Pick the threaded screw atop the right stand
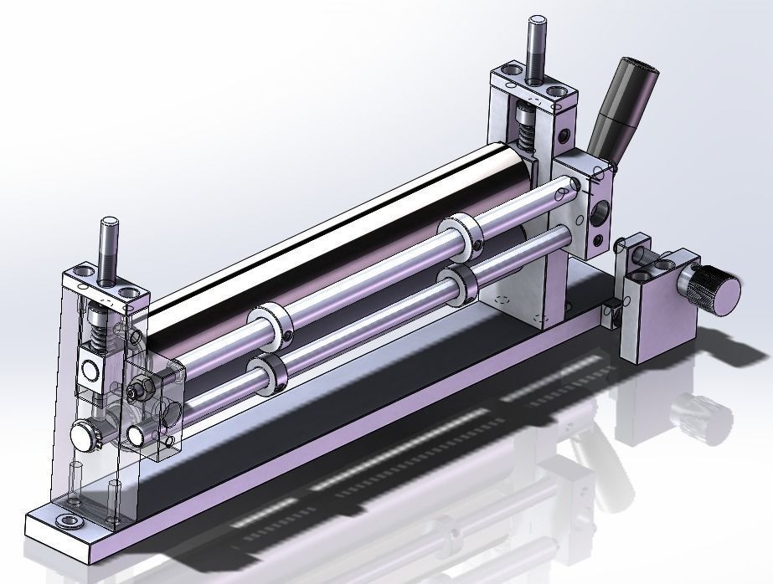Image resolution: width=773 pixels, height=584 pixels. tap(535, 50)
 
